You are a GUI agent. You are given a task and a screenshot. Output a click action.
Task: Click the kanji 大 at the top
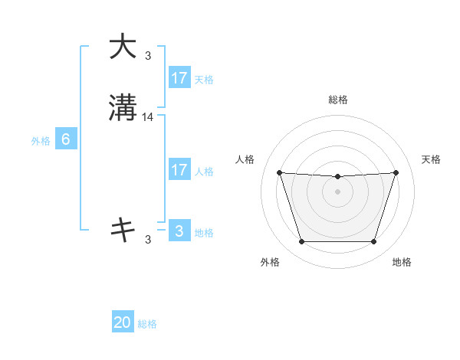tap(123, 47)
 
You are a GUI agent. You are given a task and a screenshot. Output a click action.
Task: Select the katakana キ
tap(123, 229)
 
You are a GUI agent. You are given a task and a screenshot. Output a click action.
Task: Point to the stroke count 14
tap(148, 117)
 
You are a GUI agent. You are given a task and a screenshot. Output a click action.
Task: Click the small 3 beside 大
tap(148, 55)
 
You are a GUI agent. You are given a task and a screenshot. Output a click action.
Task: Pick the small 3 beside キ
tap(148, 239)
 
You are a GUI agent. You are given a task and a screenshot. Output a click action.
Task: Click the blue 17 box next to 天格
tap(179, 78)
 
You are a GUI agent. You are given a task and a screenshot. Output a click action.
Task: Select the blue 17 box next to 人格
tap(179, 170)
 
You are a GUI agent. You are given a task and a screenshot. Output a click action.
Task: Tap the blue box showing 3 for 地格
tap(179, 231)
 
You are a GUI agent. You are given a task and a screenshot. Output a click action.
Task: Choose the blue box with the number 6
tap(66, 140)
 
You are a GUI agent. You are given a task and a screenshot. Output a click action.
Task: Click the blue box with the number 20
tap(123, 323)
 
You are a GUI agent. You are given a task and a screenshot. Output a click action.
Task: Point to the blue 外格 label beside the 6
tap(41, 141)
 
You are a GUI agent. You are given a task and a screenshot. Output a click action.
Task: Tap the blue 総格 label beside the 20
tap(147, 324)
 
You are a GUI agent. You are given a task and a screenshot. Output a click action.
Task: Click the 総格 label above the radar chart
tap(337, 100)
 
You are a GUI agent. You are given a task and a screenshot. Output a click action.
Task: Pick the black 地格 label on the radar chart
tap(402, 262)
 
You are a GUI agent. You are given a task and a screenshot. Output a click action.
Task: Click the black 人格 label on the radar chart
tap(245, 159)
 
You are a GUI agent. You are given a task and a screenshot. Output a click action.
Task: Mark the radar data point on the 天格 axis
tap(396, 172)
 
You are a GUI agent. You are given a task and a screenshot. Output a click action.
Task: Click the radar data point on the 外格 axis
tap(301, 242)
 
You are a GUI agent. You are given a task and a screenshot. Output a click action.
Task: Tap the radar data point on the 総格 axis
tap(337, 177)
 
